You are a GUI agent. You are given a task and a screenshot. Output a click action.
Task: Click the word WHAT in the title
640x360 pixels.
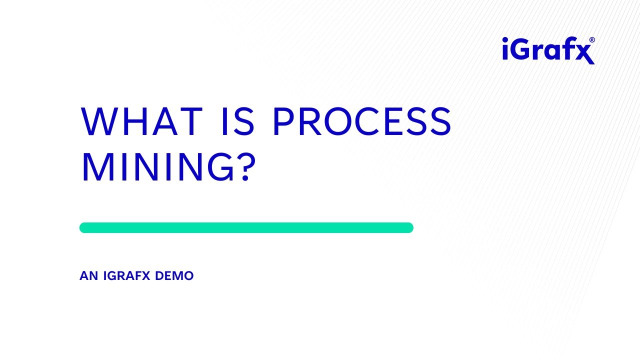coord(141,121)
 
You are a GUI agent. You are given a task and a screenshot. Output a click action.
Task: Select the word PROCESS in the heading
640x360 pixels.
coord(362,121)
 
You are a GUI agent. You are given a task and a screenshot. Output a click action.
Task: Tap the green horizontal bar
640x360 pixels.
coord(246,227)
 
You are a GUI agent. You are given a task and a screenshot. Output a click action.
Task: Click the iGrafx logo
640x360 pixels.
coord(548,50)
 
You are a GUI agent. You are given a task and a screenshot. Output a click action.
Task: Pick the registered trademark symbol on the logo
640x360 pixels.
coord(592,40)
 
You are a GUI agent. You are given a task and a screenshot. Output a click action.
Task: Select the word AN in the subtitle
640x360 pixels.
coord(88,276)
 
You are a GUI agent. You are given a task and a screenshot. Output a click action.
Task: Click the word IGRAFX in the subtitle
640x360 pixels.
coord(127,276)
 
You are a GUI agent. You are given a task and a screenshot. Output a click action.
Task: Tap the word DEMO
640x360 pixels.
coord(174,276)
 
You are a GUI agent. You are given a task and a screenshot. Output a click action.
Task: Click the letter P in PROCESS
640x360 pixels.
coord(283,121)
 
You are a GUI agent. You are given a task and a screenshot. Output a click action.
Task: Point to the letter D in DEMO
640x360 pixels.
coord(160,276)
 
